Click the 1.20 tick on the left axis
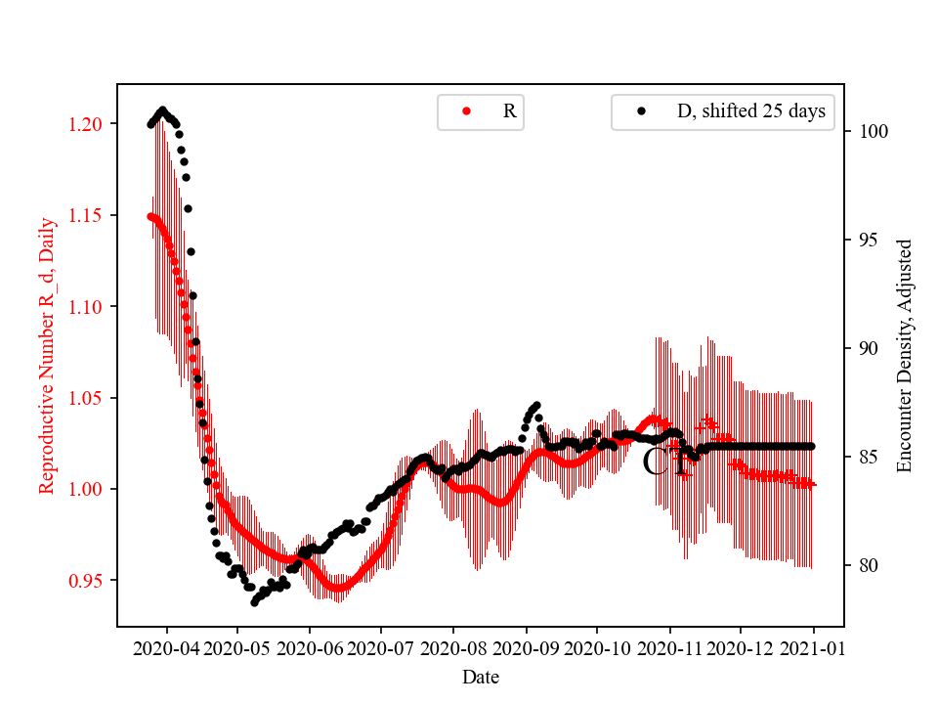[x=85, y=124]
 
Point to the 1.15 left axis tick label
[x=85, y=215]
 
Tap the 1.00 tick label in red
[x=85, y=489]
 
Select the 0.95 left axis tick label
[x=85, y=581]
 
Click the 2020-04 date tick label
[x=165, y=647]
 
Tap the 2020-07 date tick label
[x=380, y=647]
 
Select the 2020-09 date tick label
[x=526, y=647]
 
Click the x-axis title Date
[x=481, y=676]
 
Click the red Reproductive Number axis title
[x=47, y=355]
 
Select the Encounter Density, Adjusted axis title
[x=905, y=355]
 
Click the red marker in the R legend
[x=466, y=111]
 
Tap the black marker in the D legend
[x=641, y=111]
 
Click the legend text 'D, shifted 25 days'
[x=750, y=111]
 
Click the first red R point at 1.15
[x=150, y=216]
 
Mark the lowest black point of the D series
[x=254, y=602]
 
